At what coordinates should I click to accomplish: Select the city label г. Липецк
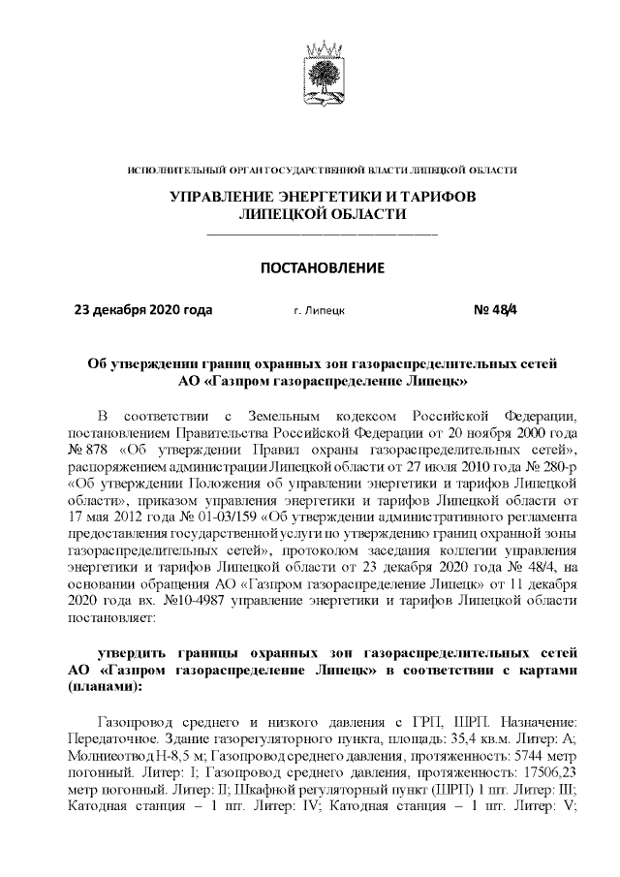point(319,312)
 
